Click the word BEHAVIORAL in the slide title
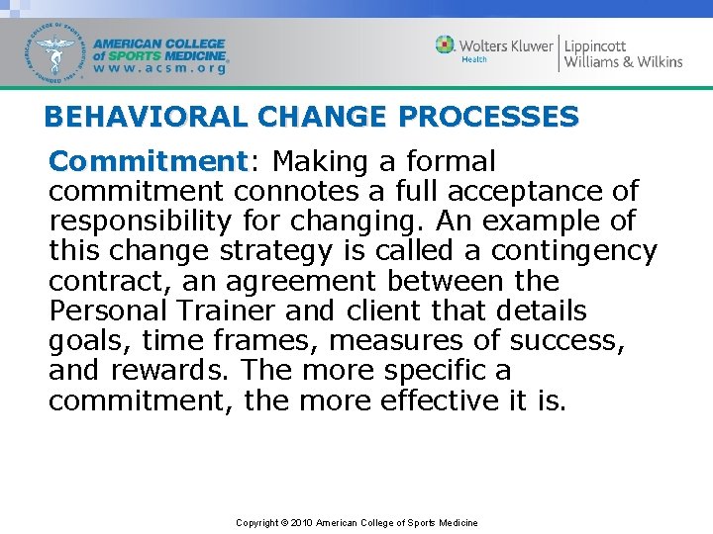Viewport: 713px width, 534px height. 127,118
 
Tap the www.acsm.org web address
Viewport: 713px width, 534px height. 161,69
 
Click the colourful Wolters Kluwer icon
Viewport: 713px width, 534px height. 446,44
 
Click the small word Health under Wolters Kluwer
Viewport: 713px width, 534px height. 474,60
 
